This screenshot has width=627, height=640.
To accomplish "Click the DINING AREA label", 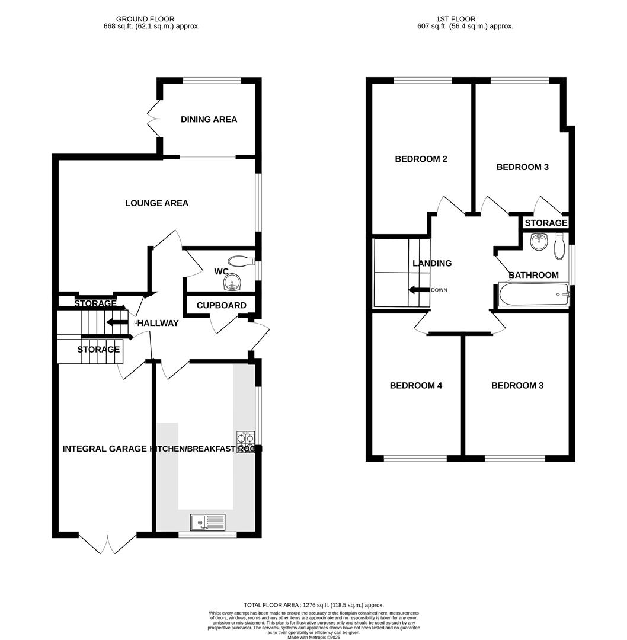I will pos(209,119).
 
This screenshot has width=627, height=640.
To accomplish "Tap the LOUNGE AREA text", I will pos(156,203).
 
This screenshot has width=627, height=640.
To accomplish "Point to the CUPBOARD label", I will pos(221,305).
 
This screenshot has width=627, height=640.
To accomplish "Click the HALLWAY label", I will pos(158,323).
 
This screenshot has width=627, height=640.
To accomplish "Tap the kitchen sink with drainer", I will pos(207,522).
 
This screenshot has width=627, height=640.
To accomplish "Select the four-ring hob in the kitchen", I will pos(245,439).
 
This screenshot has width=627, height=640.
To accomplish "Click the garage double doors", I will pos(108,544).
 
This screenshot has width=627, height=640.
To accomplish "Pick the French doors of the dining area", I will pos(154,119).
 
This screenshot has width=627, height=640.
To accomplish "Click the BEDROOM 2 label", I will pos(421,159).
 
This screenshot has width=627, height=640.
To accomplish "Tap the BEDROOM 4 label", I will pos(415,386).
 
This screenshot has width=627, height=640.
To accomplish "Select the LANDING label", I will pos(432,263).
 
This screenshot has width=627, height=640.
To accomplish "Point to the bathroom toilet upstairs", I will pos(559,247).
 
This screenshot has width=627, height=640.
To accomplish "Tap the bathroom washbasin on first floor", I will pos(539,241).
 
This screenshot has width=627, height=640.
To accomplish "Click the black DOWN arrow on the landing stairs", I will pos(419,290).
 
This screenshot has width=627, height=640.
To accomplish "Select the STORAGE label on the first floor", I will pos(546,223).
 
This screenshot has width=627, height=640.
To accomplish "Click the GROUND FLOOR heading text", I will pos(145,19).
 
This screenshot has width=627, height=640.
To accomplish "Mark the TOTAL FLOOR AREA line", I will pos(313,604).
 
